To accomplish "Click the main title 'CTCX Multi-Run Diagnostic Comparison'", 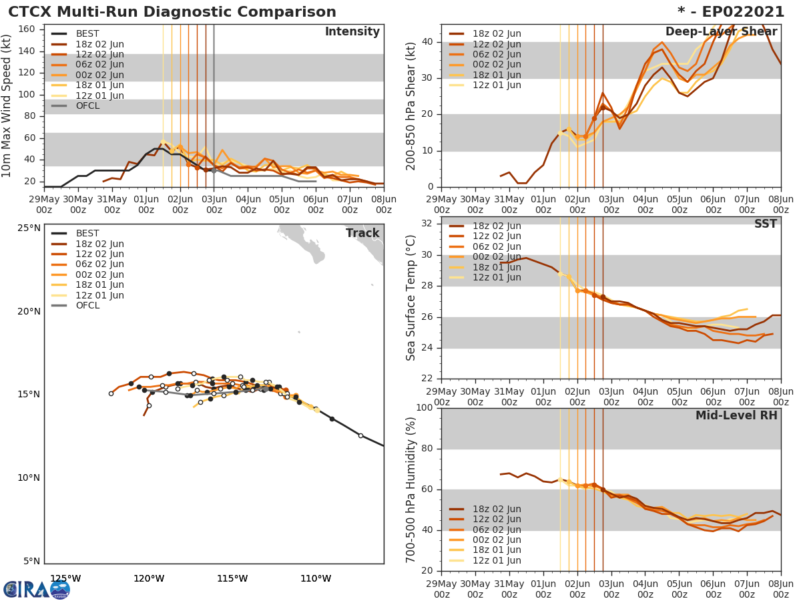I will coord(172,12).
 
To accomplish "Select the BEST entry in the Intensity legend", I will coord(87,34).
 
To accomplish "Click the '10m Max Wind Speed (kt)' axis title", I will coord(7,106).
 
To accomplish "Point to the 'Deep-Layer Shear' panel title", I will coord(721,32).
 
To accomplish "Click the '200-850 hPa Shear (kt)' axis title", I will coord(412,106).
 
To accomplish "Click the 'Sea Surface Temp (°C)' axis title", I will coord(412,297).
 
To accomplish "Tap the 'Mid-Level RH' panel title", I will coord(736,416).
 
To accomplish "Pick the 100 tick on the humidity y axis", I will coord(425,408).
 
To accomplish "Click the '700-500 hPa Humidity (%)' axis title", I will coord(412,489).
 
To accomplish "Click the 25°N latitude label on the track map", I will coord(28,228).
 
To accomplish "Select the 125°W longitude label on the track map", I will coord(65,578).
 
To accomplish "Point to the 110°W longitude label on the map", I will coord(316,578).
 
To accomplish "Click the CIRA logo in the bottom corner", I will coord(36,590).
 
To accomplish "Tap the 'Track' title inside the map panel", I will coord(362,234).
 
